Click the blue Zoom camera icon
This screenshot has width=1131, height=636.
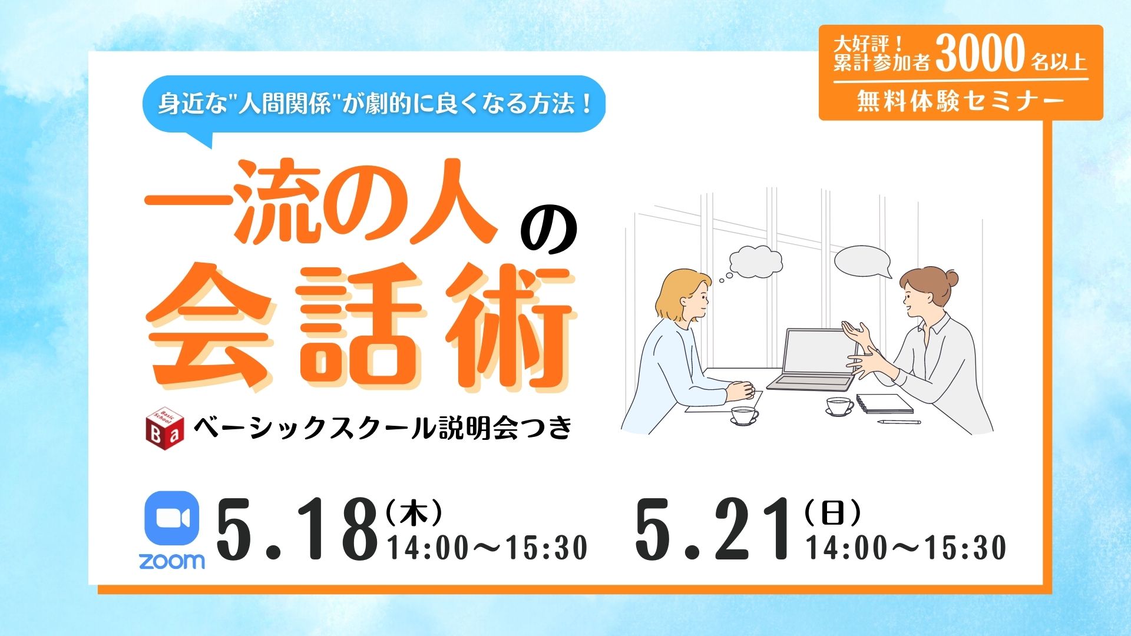coord(172,519)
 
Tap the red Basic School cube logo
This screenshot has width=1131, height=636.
coord(165,424)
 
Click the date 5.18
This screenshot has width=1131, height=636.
coord(297,529)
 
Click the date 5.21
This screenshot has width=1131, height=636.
coord(713,529)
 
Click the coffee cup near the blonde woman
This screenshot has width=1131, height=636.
coord(744,415)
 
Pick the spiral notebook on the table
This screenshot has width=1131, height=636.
coord(884,403)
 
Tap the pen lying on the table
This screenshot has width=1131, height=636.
coord(899,422)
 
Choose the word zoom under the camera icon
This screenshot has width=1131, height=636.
coord(172,561)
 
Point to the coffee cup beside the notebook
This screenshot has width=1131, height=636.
coord(838,406)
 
